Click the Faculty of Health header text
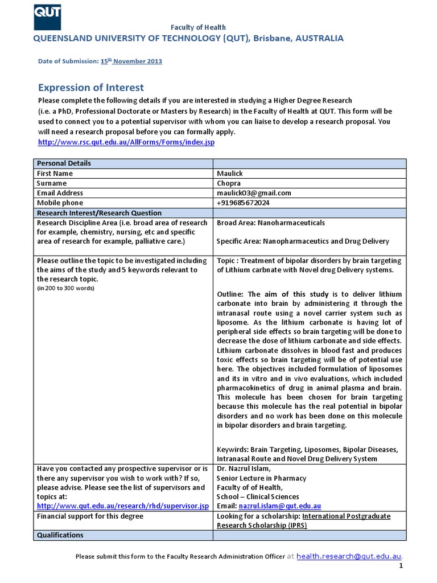199,27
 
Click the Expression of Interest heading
90,87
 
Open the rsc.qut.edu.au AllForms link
126,142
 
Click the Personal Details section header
64,163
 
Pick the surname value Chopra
229,183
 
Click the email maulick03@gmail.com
254,193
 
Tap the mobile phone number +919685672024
243,203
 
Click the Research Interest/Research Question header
99,212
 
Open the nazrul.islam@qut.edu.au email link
280,506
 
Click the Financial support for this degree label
90,516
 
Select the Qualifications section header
60,535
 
